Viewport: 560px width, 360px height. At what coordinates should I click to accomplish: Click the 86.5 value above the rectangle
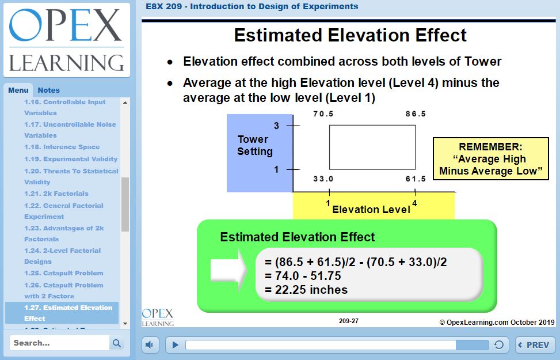pyautogui.click(x=416, y=114)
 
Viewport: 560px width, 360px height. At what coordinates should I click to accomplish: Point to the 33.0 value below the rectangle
pyautogui.click(x=323, y=179)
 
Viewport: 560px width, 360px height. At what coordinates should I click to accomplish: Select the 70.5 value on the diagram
pyautogui.click(x=323, y=114)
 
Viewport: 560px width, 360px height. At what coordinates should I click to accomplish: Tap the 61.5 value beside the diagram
pyautogui.click(x=416, y=179)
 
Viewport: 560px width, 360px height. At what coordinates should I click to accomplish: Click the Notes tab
pyautogui.click(x=48, y=90)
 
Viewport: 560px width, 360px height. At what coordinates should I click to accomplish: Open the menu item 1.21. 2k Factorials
pyautogui.click(x=56, y=194)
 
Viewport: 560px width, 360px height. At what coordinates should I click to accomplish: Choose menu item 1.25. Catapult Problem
pyautogui.click(x=63, y=273)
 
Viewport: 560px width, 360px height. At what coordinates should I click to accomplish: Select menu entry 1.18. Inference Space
pyautogui.click(x=62, y=147)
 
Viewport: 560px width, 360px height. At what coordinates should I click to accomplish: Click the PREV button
pyautogui.click(x=534, y=345)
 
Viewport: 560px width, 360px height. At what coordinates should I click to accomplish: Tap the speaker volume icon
pyautogui.click(x=150, y=345)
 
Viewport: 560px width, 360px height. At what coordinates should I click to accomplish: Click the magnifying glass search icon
pyautogui.click(x=116, y=343)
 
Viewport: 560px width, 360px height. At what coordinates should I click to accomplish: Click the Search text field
pyautogui.click(x=59, y=343)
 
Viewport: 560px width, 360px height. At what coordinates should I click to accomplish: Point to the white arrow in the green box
pyautogui.click(x=228, y=270)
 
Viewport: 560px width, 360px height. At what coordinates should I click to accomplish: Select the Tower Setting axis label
pyautogui.click(x=254, y=145)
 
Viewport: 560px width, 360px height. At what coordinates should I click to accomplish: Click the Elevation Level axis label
pyautogui.click(x=371, y=210)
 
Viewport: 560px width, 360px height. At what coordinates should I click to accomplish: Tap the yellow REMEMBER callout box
pyautogui.click(x=491, y=158)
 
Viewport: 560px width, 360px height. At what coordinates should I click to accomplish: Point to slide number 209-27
pyautogui.click(x=349, y=321)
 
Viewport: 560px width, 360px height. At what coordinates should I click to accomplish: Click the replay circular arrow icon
pyautogui.click(x=499, y=344)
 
